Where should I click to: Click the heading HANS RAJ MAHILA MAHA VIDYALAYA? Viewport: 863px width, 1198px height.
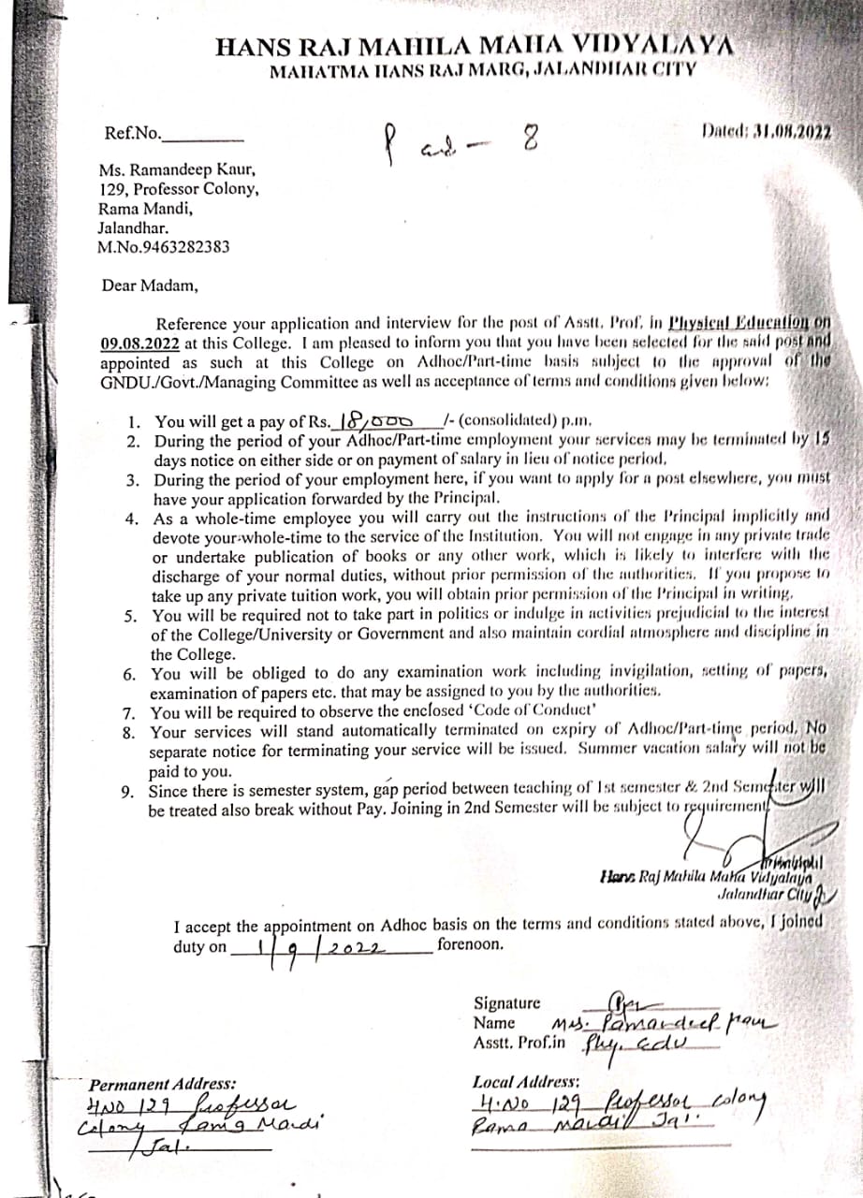coord(475,48)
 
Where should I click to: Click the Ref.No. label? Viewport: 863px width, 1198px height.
coord(132,134)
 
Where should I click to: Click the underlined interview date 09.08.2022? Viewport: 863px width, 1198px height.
coord(139,343)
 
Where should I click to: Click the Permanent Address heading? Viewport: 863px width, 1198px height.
coord(163,1085)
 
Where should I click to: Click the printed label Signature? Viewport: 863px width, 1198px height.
coord(506,1003)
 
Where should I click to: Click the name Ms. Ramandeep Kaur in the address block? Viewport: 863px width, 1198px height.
coord(176,170)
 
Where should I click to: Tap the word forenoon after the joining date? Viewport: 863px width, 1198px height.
coord(470,944)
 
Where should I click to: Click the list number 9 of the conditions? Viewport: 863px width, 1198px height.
coord(128,792)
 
